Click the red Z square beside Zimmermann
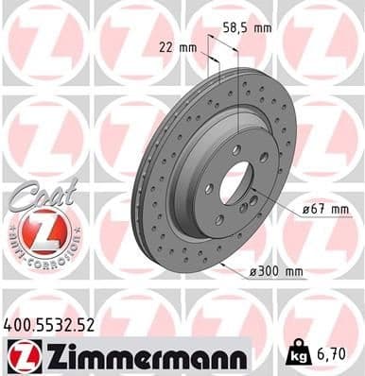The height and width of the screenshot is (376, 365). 19,355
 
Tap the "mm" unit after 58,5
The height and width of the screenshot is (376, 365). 263,27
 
